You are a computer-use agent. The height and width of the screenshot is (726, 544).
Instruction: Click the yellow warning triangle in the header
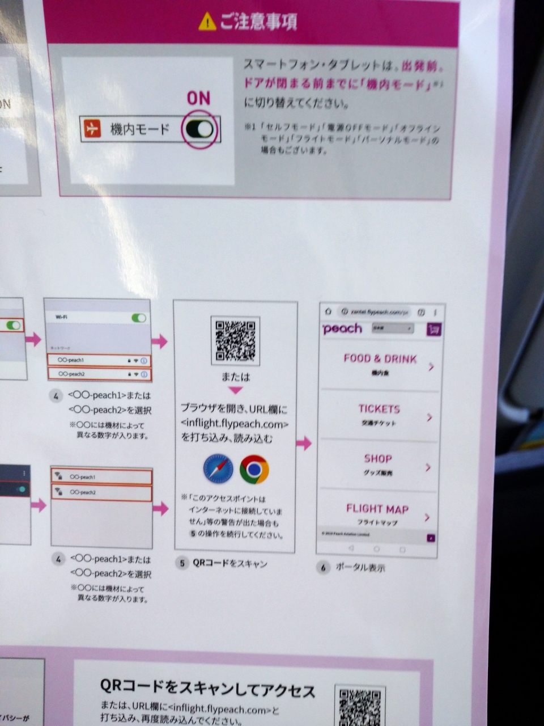(207, 22)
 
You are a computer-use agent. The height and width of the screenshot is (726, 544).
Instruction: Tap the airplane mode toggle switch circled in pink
(199, 129)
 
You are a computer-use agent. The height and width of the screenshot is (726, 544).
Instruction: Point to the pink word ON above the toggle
(198, 99)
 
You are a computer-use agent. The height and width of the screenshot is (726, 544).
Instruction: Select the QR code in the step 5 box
(235, 341)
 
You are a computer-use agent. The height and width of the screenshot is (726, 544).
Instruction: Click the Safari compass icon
(218, 468)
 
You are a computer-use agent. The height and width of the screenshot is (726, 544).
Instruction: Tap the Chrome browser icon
(254, 469)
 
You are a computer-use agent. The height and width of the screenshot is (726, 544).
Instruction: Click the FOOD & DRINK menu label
(380, 358)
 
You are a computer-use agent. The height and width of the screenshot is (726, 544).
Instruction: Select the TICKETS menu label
(379, 409)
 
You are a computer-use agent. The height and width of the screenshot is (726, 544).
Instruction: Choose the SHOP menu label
(378, 459)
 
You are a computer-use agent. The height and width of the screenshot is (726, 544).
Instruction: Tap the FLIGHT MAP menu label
(377, 509)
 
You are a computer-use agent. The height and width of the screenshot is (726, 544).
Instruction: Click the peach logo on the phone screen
(342, 329)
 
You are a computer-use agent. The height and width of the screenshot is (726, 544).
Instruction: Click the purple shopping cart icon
(434, 330)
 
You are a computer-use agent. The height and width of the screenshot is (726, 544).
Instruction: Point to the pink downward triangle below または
(235, 390)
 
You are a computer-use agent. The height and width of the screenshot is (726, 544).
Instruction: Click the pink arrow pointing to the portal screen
(304, 444)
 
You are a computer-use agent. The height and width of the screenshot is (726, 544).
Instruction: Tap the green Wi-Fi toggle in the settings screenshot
(139, 318)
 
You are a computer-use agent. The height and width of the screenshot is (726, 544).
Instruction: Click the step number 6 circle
(323, 567)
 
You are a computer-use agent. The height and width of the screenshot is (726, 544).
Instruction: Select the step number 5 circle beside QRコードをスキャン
(182, 563)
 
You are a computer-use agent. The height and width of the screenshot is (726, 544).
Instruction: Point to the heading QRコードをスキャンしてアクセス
(207, 689)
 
